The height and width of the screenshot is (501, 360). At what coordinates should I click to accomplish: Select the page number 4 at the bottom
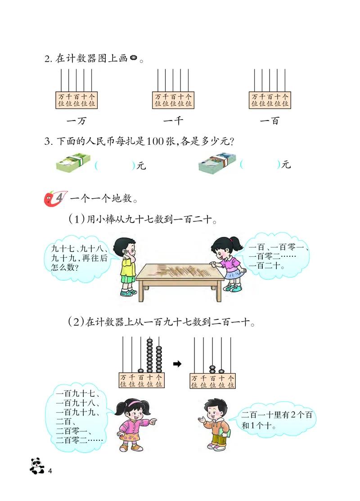50,470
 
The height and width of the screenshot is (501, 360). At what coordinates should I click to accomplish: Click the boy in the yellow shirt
126,265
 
